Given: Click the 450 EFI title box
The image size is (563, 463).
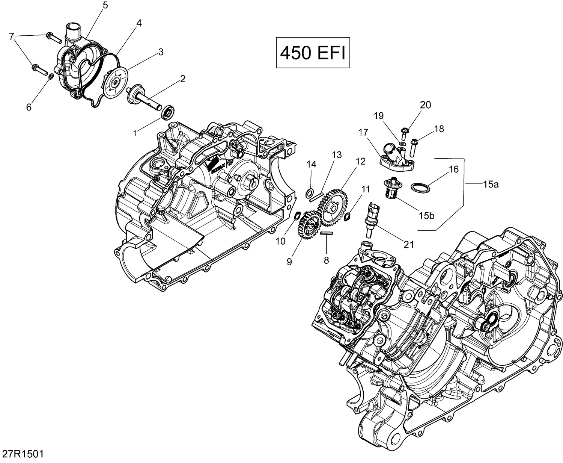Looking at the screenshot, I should [x=313, y=53].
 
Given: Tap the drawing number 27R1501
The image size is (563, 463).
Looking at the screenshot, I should [x=22, y=454].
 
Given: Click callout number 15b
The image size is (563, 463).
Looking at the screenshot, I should [x=426, y=216].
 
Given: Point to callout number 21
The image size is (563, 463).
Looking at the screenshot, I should [x=408, y=244].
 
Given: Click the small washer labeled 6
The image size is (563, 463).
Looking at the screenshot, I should [x=51, y=77].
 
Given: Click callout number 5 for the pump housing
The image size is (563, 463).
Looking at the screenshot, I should [x=105, y=5].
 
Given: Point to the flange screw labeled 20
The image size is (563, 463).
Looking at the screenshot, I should [x=405, y=133].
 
